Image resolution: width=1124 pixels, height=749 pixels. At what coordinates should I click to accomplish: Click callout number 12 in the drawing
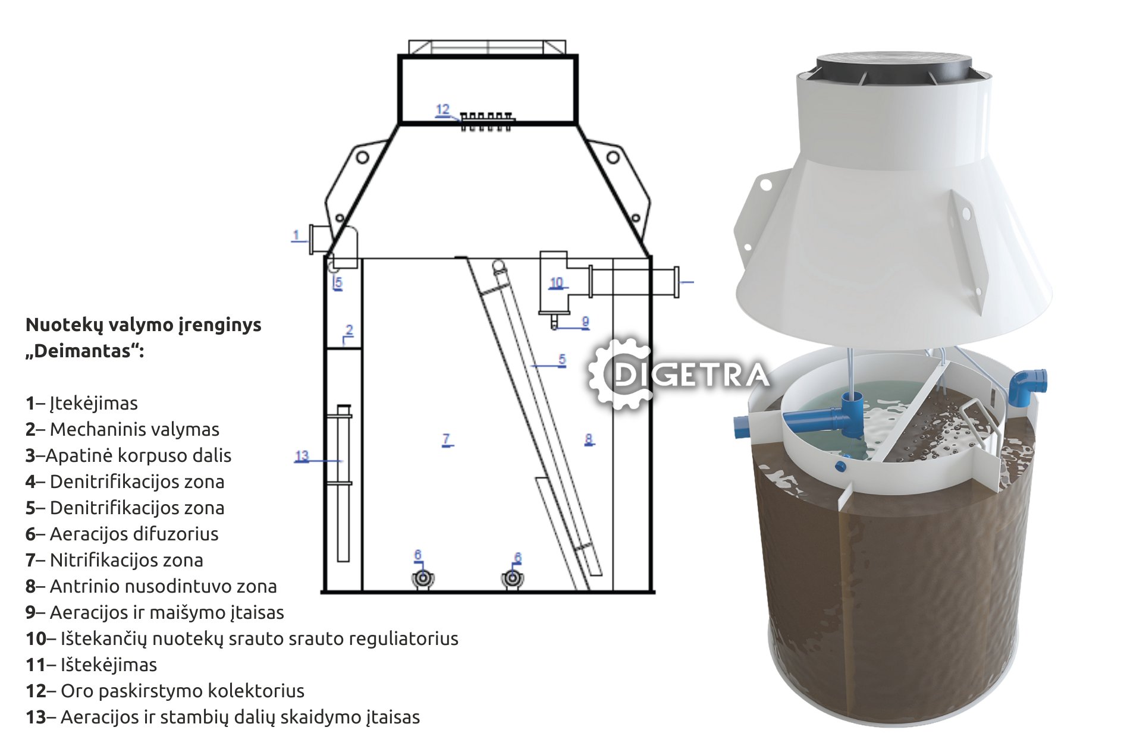pyautogui.click(x=442, y=109)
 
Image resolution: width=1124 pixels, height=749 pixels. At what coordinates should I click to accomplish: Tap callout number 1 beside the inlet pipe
pyautogui.click(x=296, y=235)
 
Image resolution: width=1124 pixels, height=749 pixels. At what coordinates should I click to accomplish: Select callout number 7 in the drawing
pyautogui.click(x=447, y=439)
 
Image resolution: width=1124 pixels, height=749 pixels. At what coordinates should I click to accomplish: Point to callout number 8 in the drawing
pyautogui.click(x=589, y=439)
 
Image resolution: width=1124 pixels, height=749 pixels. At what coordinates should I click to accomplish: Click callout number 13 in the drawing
pyautogui.click(x=302, y=456)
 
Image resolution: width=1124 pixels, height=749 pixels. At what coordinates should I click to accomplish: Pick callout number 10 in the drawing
pyautogui.click(x=556, y=282)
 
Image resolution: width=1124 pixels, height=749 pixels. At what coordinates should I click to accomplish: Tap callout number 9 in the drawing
pyautogui.click(x=585, y=322)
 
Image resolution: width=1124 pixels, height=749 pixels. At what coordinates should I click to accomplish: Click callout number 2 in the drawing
pyautogui.click(x=350, y=330)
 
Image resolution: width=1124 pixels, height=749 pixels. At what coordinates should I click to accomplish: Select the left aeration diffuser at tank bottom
pyautogui.click(x=423, y=578)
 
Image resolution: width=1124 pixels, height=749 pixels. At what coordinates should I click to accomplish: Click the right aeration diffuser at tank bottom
pyautogui.click(x=512, y=578)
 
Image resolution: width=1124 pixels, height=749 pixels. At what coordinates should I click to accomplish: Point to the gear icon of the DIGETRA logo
pyautogui.click(x=618, y=374)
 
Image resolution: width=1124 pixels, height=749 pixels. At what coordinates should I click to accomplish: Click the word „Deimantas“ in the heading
pyautogui.click(x=84, y=351)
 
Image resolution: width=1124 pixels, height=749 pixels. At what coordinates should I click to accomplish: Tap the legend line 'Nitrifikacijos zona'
pyautogui.click(x=114, y=560)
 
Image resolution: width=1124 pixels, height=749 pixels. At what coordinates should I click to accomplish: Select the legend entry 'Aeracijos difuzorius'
pyautogui.click(x=122, y=534)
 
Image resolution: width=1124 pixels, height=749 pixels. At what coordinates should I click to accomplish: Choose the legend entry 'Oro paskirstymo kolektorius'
pyautogui.click(x=165, y=691)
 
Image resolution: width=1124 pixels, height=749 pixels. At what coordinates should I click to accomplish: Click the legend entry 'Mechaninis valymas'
pyautogui.click(x=123, y=429)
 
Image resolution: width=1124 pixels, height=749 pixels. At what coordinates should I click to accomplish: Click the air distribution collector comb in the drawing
pyautogui.click(x=486, y=121)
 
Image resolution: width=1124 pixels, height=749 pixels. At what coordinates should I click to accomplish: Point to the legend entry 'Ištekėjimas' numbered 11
pyautogui.click(x=91, y=665)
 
